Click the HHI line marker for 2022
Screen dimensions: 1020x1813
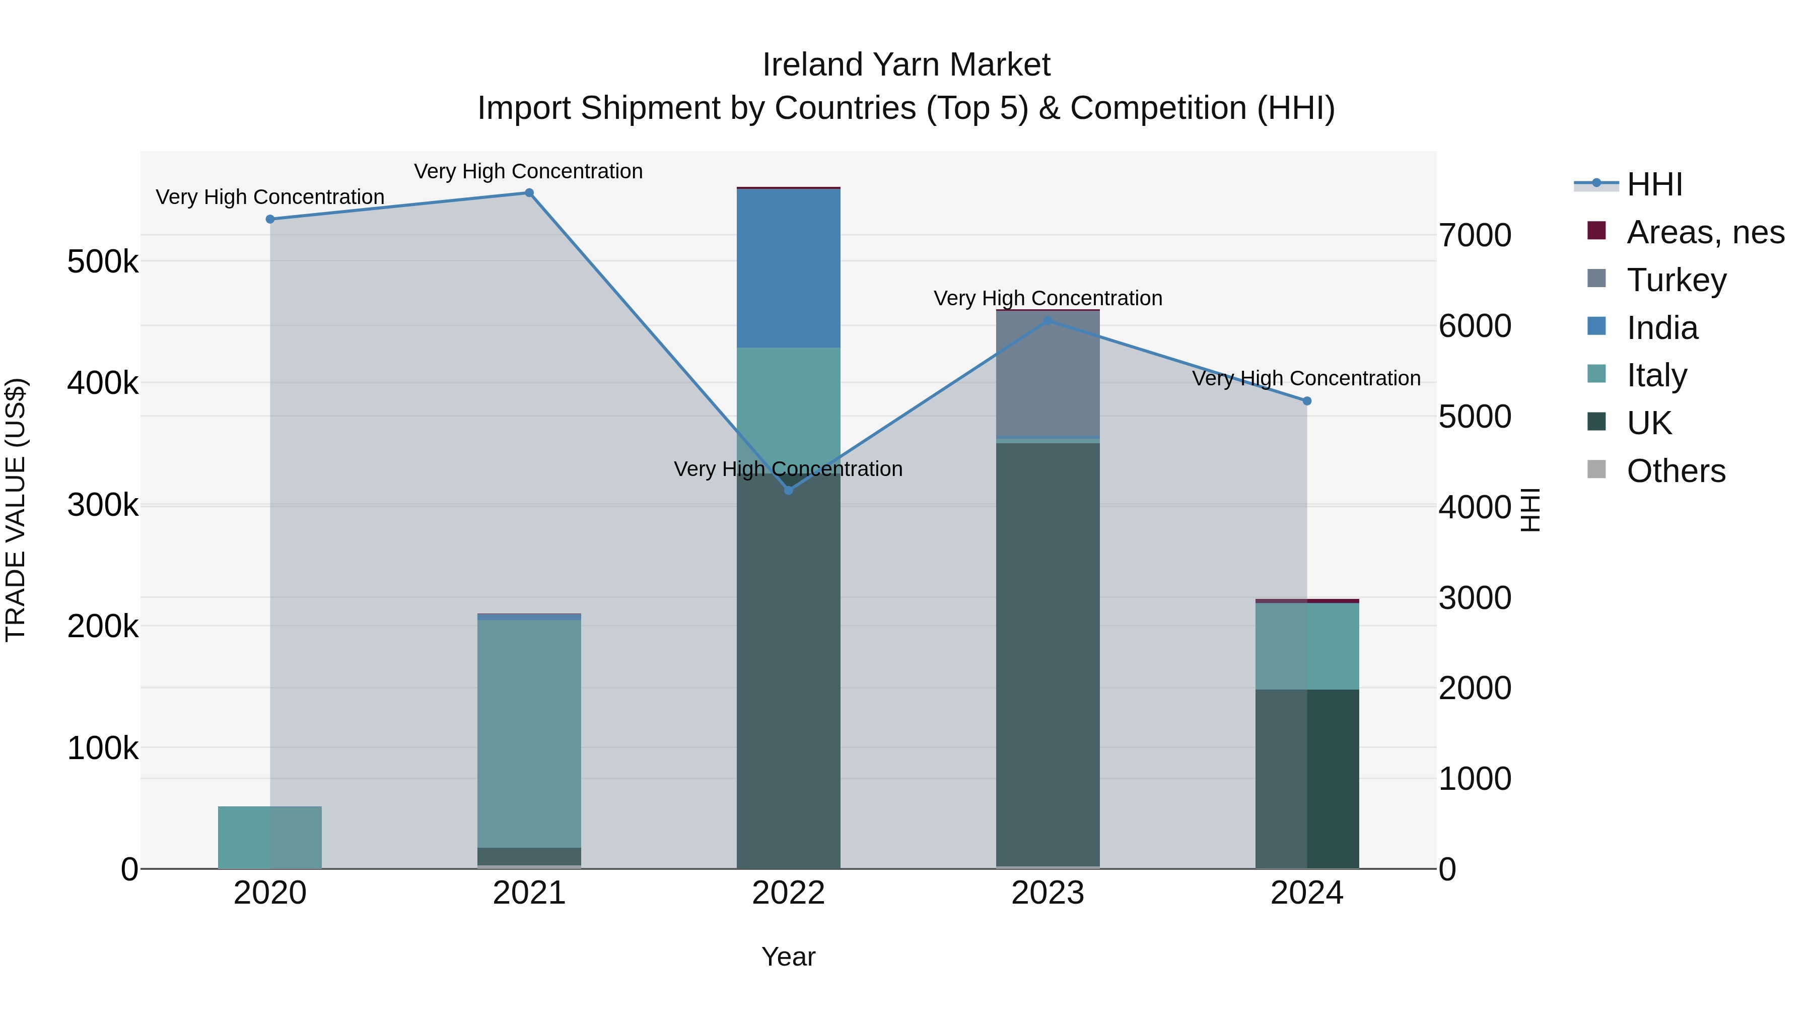pyautogui.click(x=788, y=490)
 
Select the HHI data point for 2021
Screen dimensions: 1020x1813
pyautogui.click(x=529, y=193)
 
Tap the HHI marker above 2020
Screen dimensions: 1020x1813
pyautogui.click(x=270, y=219)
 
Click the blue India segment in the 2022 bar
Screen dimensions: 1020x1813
pyautogui.click(x=788, y=268)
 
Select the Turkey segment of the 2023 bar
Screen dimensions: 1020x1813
pyautogui.click(x=1048, y=374)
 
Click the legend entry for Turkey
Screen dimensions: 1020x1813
pyautogui.click(x=1676, y=280)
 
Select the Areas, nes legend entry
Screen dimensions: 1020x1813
pyautogui.click(x=1704, y=232)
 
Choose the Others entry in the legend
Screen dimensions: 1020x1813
pyautogui.click(x=1675, y=470)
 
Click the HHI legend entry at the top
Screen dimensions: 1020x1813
pyautogui.click(x=1654, y=184)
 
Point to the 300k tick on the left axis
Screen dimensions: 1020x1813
pyautogui.click(x=103, y=505)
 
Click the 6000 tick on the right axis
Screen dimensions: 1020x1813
pyautogui.click(x=1475, y=326)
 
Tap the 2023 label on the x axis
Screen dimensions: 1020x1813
pyautogui.click(x=1048, y=893)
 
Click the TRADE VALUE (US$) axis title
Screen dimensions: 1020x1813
pyautogui.click(x=16, y=510)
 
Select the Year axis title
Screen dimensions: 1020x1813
pyautogui.click(x=788, y=957)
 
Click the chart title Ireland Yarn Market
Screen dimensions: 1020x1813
pyautogui.click(x=906, y=65)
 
